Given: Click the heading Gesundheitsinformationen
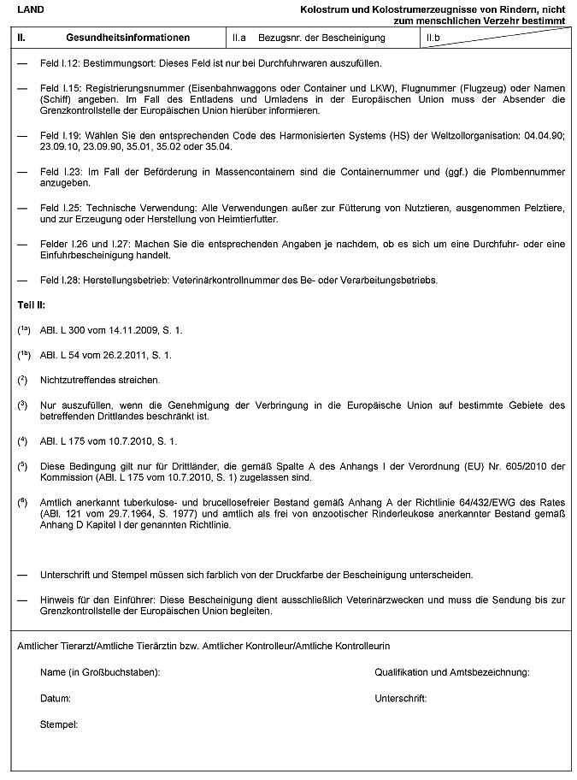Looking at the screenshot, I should (x=127, y=38).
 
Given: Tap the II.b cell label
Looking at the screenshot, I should (x=433, y=38).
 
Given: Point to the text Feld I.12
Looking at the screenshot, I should (x=61, y=64).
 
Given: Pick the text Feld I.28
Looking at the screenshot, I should (x=61, y=281).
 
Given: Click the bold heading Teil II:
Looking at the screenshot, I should (x=32, y=304).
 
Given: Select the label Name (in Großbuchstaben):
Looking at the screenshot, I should (x=100, y=673).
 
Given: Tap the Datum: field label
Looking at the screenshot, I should (x=55, y=699).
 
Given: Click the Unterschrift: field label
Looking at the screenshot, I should (x=400, y=699).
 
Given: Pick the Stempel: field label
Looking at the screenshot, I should (x=58, y=725).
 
